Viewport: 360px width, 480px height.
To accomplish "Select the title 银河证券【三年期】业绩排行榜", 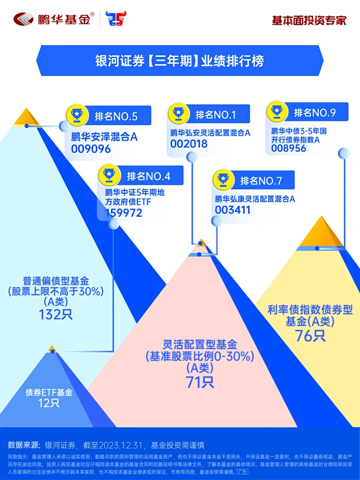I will point(179,59).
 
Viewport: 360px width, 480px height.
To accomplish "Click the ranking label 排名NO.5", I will point(116,116).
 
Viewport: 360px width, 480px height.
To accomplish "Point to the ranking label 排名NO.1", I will point(215,115).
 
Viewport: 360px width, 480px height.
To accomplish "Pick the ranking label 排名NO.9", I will point(315,113).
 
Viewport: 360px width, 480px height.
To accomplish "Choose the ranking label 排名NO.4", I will point(149,176).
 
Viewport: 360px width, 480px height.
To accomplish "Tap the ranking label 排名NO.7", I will point(261,181).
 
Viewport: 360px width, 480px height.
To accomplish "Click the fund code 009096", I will point(91,148).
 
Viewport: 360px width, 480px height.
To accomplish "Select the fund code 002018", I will point(189,144).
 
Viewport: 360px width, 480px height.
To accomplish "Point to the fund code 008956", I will point(288,148).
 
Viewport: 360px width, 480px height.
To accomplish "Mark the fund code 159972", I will point(124,213).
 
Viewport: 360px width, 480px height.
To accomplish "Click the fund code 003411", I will point(233,210).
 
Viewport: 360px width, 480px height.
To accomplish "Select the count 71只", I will point(199,382).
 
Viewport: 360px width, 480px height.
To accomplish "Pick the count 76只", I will point(310,335).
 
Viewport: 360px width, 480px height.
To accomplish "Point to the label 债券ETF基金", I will point(49,392).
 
